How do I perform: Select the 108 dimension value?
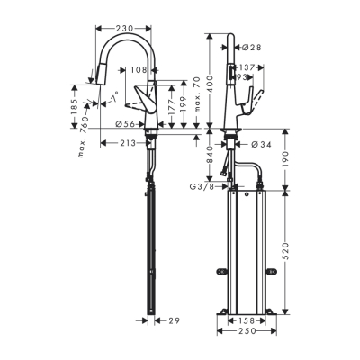(139, 70)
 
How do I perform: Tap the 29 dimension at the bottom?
(174, 320)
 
